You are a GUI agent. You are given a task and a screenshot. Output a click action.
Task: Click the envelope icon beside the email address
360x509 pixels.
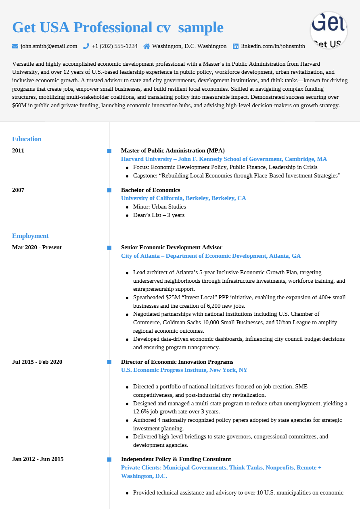click(x=15, y=46)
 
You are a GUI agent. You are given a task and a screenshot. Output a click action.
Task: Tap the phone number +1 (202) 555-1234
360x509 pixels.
click(x=114, y=46)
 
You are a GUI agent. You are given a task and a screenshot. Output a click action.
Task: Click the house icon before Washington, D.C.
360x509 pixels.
click(x=147, y=46)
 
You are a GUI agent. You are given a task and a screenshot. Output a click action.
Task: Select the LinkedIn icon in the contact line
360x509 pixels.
click(x=236, y=46)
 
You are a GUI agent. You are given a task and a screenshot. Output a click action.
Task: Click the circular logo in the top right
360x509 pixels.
click(x=329, y=30)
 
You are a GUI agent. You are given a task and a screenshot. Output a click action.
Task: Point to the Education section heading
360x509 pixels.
click(x=27, y=139)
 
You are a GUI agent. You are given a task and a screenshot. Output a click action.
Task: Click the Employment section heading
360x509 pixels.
click(x=30, y=236)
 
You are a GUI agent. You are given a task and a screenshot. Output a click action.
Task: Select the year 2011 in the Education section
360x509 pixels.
click(x=18, y=151)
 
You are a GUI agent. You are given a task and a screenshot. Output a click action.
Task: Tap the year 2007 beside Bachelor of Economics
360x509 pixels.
click(x=18, y=190)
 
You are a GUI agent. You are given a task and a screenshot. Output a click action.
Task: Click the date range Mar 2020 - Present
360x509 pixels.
click(x=37, y=248)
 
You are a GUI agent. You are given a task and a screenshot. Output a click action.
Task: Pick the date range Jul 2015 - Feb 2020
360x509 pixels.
click(x=37, y=362)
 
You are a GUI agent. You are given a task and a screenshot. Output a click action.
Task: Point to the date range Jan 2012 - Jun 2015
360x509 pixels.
click(x=38, y=459)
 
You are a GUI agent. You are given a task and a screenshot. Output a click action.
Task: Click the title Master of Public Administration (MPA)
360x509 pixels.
click(x=173, y=151)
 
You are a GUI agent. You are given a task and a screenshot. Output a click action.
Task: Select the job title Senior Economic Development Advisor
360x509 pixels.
click(x=172, y=248)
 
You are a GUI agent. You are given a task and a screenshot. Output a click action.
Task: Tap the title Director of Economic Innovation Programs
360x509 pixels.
click(x=177, y=362)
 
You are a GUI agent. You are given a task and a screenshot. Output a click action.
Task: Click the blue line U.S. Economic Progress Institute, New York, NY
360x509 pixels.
click(x=184, y=370)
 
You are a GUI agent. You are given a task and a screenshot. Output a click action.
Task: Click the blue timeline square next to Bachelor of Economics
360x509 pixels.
click(x=109, y=190)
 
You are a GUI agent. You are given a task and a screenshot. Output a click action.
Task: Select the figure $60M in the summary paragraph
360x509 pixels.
click(x=19, y=106)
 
